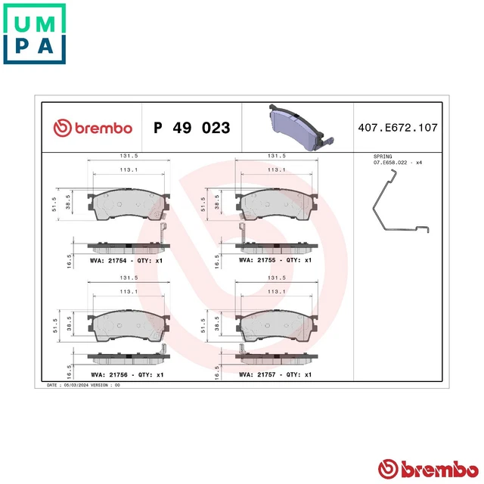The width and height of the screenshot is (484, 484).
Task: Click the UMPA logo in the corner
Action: pyautogui.click(x=35, y=34)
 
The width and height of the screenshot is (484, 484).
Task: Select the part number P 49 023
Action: pyautogui.click(x=191, y=128)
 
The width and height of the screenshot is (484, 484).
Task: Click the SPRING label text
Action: pyautogui.click(x=383, y=156)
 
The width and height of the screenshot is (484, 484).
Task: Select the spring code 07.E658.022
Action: pyautogui.click(x=396, y=162)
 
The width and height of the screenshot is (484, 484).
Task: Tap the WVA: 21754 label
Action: pyautogui.click(x=126, y=259)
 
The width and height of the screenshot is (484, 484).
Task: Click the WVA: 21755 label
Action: pyautogui.click(x=275, y=259)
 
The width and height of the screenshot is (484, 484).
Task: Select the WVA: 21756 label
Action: pyautogui.click(x=126, y=374)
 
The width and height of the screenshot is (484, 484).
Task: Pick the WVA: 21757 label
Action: pyautogui.click(x=275, y=374)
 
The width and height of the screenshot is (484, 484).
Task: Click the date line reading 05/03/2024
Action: pyautogui.click(x=83, y=385)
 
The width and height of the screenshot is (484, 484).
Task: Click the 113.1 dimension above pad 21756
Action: pyautogui.click(x=126, y=291)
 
